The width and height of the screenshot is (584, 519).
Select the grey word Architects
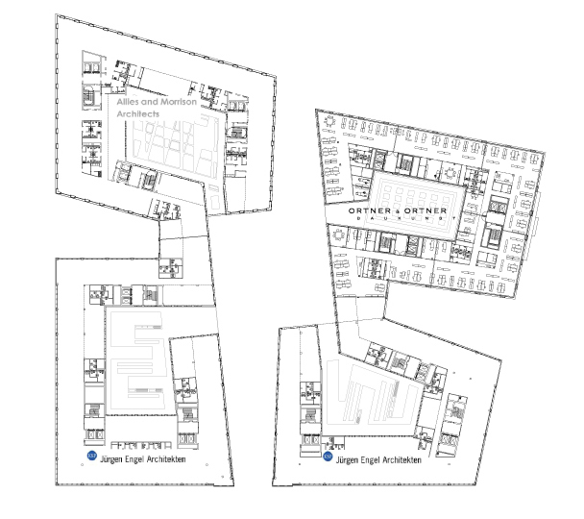[x=137, y=114]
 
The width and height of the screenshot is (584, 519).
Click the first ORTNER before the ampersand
[x=370, y=210]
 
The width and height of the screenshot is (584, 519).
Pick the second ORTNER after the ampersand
[x=426, y=210]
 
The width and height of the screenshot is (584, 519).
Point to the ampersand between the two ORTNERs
[x=398, y=211]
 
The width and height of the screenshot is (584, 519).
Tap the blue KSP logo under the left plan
[x=91, y=456]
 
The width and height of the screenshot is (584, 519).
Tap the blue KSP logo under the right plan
[x=328, y=456]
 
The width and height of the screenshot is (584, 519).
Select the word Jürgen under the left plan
[x=111, y=459]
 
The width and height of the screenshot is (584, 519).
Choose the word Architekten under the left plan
[x=166, y=459]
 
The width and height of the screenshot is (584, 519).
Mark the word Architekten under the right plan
[x=401, y=460]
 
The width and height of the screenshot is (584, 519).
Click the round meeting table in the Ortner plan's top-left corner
[x=329, y=121]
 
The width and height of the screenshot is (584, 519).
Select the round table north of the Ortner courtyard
[x=451, y=173]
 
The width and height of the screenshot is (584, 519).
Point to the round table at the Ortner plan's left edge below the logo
[x=339, y=235]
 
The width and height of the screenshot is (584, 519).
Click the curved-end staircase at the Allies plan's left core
[x=89, y=96]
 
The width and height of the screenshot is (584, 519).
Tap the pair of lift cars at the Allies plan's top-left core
[x=91, y=68]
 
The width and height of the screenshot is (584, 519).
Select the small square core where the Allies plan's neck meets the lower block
[x=171, y=267]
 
